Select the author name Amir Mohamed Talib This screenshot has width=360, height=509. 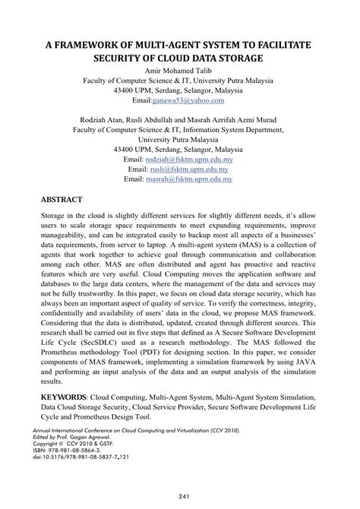point(180,70)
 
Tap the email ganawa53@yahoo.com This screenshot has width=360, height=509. point(188,100)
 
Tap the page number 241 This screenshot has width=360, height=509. point(180,496)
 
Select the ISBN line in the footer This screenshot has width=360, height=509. point(73,451)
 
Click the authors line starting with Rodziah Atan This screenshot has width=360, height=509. point(179,120)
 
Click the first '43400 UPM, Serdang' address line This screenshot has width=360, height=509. point(180,90)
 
